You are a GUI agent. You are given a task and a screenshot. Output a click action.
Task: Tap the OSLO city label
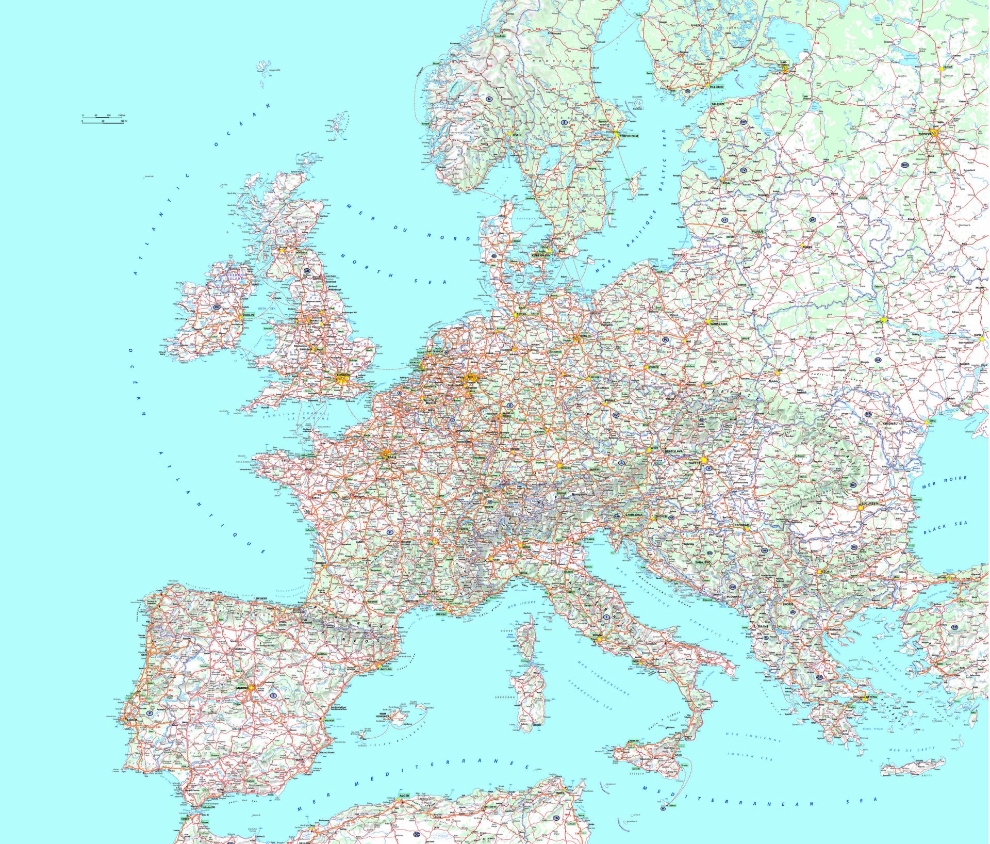tap(516, 135)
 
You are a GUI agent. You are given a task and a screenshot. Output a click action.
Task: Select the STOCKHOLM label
tap(629, 136)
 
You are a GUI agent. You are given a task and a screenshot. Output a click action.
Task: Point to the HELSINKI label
tap(717, 87)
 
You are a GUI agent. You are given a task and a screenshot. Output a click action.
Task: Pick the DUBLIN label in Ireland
tap(248, 314)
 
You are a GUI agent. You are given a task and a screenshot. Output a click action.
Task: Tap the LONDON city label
tap(342, 375)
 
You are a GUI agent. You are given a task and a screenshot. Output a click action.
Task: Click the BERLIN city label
tap(585, 336)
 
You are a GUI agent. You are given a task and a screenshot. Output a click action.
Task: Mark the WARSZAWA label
tap(718, 323)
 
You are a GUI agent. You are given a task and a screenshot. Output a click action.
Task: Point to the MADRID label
tap(242, 688)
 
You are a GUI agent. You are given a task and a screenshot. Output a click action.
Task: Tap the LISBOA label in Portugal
tap(132, 720)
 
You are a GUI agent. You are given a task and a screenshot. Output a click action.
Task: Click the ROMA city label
tap(597, 635)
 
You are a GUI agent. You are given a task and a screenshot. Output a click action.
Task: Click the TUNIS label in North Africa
tap(560, 792)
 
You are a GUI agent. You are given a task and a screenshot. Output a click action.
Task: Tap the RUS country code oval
tap(905, 165)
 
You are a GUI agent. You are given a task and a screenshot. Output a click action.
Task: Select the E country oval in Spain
tap(274, 695)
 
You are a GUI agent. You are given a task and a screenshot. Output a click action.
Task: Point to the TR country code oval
tap(954, 627)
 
